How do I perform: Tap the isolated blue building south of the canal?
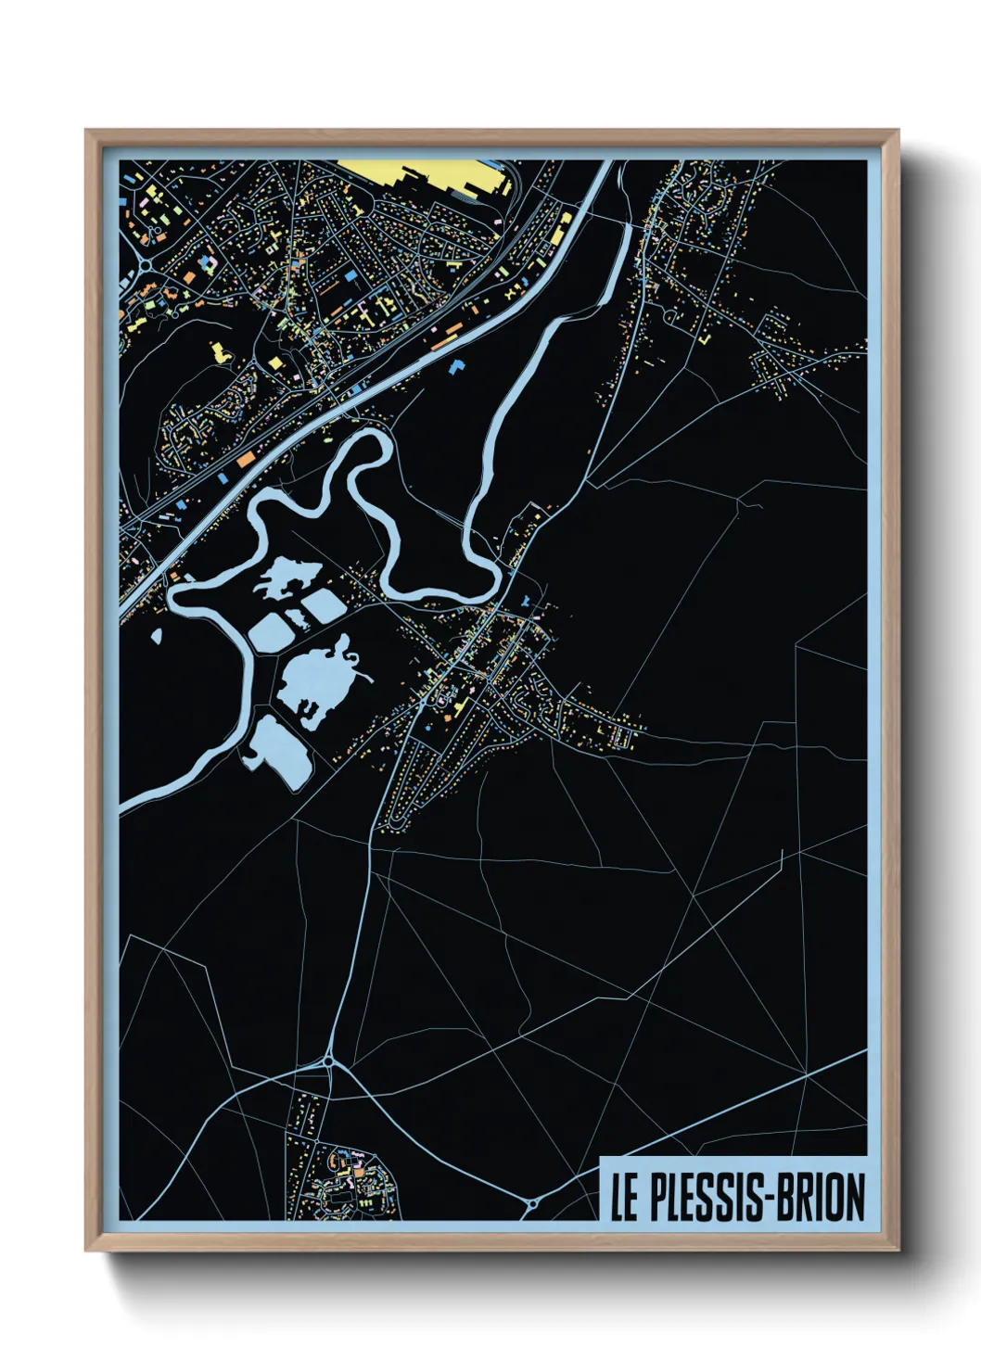456,366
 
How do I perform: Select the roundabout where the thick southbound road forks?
328,1060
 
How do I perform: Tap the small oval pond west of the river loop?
155,637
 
